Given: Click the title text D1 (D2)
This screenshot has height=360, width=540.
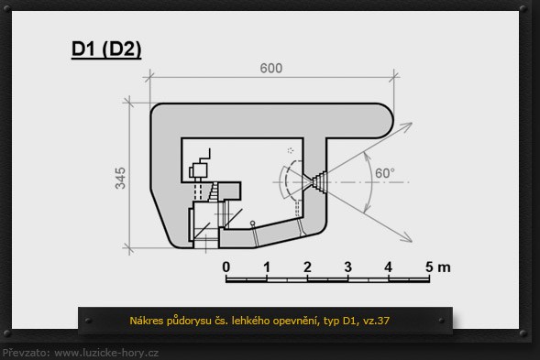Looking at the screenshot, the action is [106, 49].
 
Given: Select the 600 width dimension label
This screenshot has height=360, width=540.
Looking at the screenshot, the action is [271, 68].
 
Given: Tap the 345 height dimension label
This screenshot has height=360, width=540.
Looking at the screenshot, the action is [120, 178].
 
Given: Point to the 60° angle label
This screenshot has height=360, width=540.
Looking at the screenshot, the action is [385, 173].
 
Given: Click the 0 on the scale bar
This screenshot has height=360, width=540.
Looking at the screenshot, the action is [226, 267].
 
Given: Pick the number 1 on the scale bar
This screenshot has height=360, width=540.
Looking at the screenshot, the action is [267, 267].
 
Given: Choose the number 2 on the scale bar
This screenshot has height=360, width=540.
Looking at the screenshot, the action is [307, 267].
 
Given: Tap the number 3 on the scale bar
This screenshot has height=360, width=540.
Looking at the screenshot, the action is [347, 267].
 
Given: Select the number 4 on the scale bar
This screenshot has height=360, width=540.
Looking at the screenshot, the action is [389, 267].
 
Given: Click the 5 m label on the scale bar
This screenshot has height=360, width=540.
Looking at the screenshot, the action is [437, 267].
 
